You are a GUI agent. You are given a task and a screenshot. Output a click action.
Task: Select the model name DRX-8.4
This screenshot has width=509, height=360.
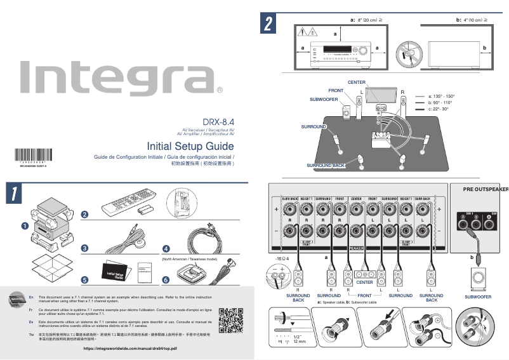[218, 121]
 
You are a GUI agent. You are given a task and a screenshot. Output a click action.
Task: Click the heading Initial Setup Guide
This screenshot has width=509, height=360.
[190, 145]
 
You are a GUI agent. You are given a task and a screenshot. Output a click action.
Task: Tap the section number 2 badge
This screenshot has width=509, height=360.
[269, 24]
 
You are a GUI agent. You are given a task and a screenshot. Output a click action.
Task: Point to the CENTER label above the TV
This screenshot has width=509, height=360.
[356, 84]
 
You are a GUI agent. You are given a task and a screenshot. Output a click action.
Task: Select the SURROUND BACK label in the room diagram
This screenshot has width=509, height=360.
[326, 166]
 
